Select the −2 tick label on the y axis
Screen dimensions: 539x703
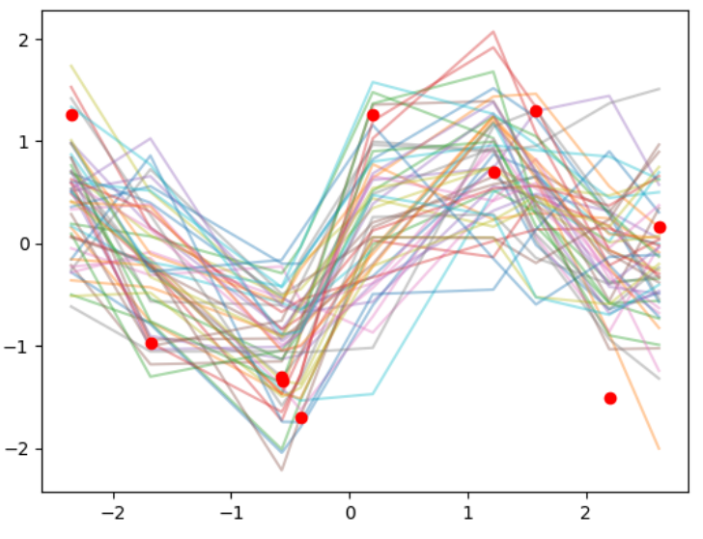tap(20, 449)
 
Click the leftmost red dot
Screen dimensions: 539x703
tap(71, 115)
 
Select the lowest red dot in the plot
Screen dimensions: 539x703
tap(301, 417)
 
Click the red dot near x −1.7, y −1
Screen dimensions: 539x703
tap(152, 343)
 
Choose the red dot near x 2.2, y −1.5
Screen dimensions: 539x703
tap(610, 398)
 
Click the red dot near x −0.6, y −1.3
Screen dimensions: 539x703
tap(282, 379)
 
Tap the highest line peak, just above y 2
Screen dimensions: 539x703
tap(493, 31)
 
